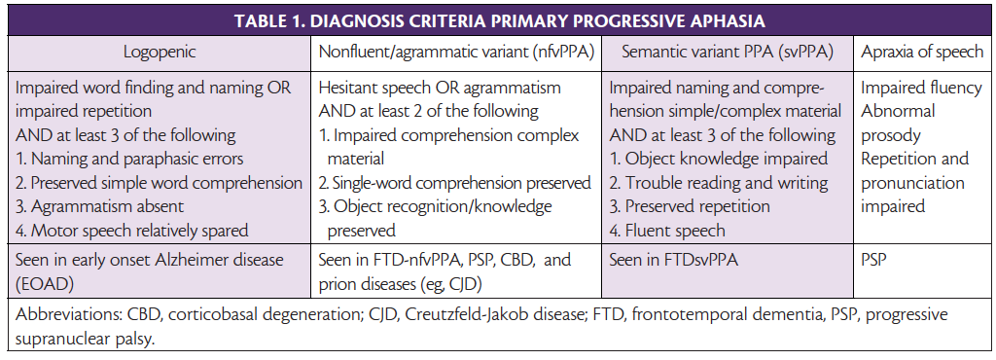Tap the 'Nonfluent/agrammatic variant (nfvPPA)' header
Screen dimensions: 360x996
tap(456, 50)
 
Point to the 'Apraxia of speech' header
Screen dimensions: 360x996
tap(921, 50)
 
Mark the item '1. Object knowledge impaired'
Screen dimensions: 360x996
tap(719, 159)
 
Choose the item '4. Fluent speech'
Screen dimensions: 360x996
tap(668, 230)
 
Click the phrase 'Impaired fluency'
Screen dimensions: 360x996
tap(921, 88)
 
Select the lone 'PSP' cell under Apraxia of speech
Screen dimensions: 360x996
tap(874, 262)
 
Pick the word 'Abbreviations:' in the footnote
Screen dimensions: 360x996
tap(64, 316)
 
